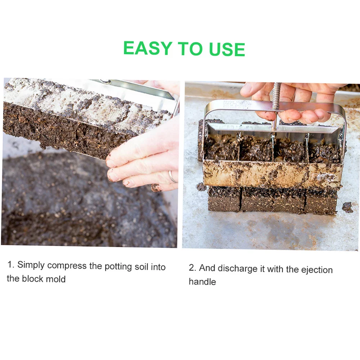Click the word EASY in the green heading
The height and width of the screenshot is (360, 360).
coord(148,48)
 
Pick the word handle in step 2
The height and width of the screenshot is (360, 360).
coord(202,282)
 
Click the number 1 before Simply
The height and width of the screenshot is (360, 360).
coord(10,265)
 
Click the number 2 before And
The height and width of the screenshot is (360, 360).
coord(192,268)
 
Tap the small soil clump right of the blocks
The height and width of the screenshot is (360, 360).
coord(347,207)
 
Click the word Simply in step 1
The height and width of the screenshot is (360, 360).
coord(31,265)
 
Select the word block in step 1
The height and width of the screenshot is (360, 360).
coord(33,279)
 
